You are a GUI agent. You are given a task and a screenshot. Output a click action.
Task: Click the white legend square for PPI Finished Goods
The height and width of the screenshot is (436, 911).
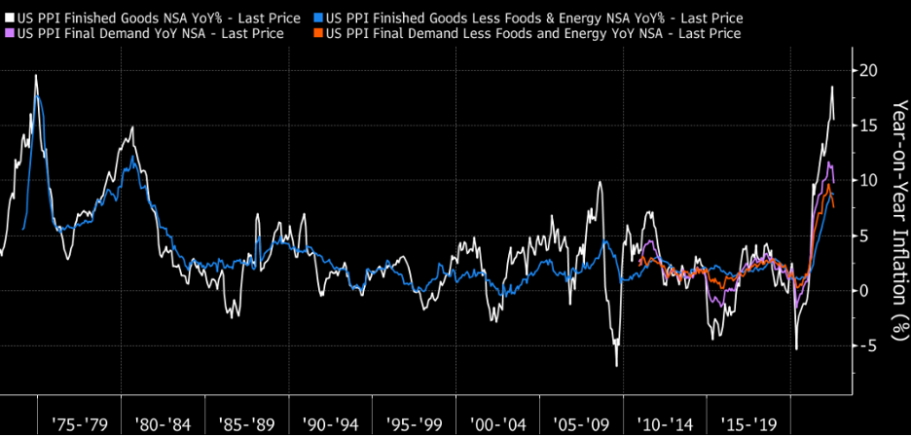(10, 18)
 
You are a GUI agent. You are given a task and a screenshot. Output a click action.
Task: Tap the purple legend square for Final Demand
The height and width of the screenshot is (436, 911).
(10, 34)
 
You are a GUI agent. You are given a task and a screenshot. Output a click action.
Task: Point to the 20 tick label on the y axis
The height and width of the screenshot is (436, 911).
(869, 71)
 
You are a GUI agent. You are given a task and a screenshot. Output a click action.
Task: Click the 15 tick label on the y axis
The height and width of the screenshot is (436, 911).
(868, 126)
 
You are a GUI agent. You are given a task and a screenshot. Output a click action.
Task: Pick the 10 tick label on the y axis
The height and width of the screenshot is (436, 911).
(868, 181)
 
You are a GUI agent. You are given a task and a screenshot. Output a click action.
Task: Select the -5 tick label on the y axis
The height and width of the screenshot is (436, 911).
(866, 345)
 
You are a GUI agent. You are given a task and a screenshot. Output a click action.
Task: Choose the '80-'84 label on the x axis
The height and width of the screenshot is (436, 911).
(164, 424)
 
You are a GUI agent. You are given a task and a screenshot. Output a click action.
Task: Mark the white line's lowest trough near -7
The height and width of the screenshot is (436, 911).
(616, 366)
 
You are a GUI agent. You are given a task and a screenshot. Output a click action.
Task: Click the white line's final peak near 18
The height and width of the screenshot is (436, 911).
(831, 88)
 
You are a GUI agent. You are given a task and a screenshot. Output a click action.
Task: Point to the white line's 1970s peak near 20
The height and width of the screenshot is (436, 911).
(36, 75)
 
